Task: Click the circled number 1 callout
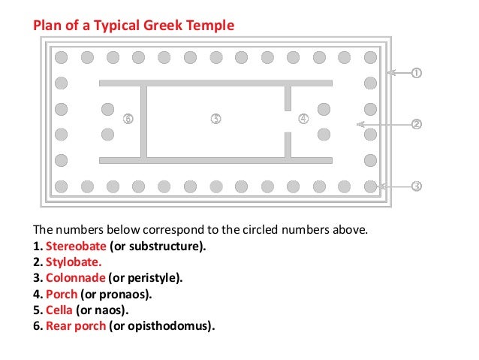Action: (416, 73)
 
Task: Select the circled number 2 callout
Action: (416, 124)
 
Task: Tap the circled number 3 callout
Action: (416, 186)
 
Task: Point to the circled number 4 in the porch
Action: (303, 118)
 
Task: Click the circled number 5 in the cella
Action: (215, 118)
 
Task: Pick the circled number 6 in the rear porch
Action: (128, 118)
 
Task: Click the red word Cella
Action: (59, 310)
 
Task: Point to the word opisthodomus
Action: (173, 326)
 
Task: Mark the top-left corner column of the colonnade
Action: (62, 57)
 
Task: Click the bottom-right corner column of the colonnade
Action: (370, 185)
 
